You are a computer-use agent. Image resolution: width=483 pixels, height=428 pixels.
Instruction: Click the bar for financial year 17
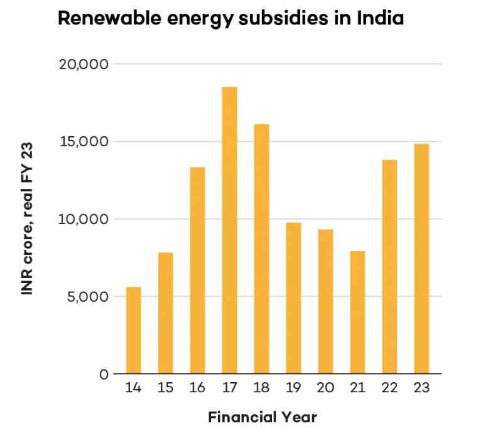tap(229, 230)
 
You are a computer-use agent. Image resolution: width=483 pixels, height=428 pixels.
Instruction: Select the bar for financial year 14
tap(133, 330)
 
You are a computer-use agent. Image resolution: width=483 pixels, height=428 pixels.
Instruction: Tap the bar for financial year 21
tap(357, 313)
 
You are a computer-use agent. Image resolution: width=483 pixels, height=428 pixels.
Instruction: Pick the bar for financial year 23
tap(421, 259)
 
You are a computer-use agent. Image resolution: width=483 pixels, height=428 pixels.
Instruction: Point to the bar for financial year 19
tap(293, 298)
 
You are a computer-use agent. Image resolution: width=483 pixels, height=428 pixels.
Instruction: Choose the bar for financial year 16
tap(197, 270)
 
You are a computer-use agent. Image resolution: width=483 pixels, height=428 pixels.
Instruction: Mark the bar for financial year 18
tap(261, 249)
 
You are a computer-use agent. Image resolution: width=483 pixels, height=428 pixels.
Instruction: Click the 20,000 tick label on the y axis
tap(84, 64)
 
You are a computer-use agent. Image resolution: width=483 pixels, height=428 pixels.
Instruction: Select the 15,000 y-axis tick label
tap(84, 142)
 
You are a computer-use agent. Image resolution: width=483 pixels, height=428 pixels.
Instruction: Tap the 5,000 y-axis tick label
tap(89, 296)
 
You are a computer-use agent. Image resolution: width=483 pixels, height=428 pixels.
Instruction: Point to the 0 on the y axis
tap(104, 374)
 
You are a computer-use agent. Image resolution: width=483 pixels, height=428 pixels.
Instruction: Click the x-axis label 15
tap(165, 388)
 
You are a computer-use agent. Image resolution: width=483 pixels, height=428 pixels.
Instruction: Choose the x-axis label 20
tap(325, 388)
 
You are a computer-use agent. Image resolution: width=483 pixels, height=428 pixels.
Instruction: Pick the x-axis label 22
tap(389, 388)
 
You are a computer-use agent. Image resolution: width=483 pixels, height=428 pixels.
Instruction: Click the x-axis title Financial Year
tap(263, 417)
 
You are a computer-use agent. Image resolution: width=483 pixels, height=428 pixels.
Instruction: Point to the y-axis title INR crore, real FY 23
tap(26, 219)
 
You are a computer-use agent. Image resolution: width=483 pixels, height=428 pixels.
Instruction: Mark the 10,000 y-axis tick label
tap(85, 219)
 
